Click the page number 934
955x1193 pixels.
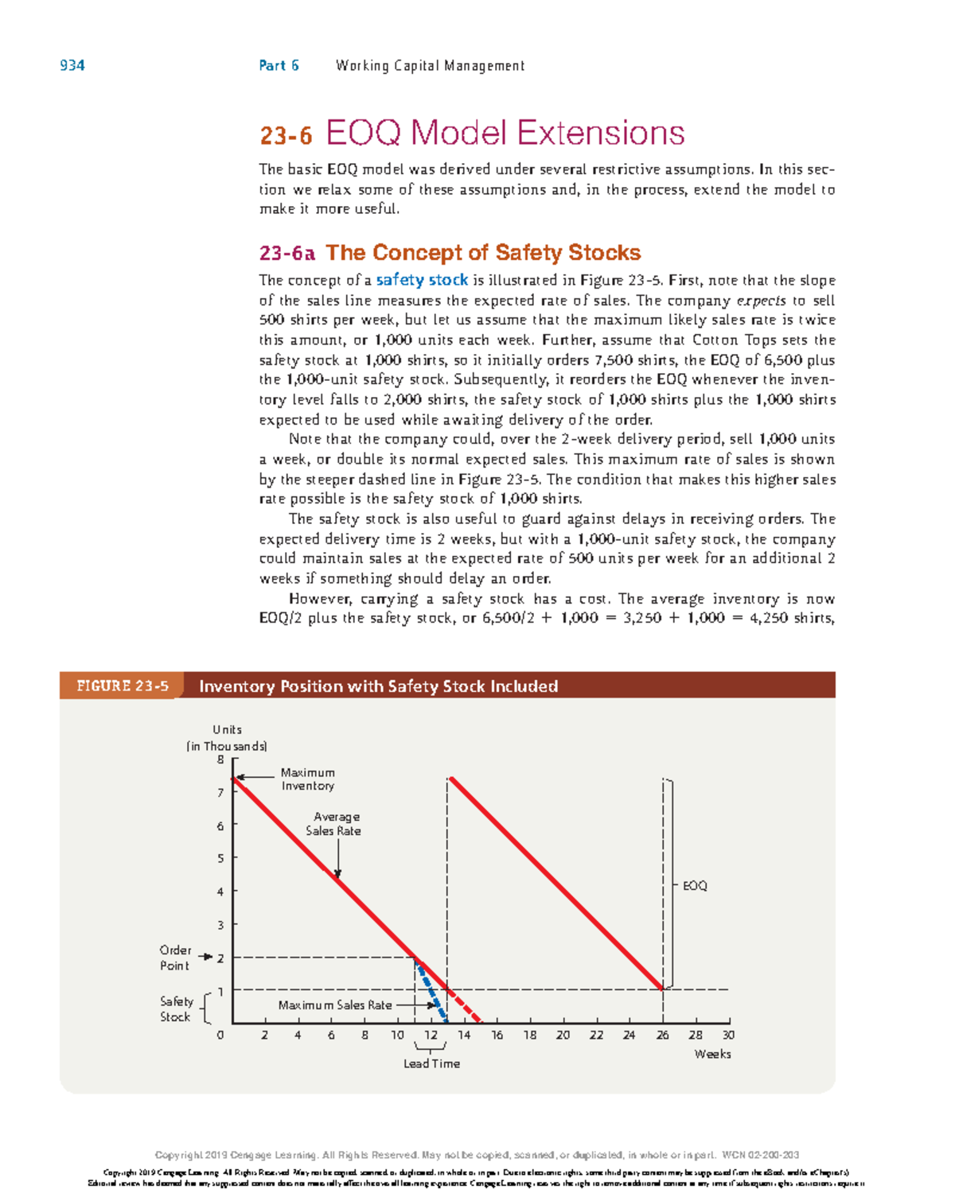72,66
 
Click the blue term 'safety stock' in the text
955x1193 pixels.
422,280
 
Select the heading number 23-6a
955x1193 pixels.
286,254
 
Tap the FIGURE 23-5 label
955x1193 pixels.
122,686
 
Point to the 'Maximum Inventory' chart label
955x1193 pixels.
308,779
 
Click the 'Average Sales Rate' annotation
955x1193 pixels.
334,824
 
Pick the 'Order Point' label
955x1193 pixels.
175,958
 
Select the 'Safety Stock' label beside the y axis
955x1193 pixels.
176,1009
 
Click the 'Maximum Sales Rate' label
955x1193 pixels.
335,1005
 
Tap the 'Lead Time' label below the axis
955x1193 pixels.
431,1064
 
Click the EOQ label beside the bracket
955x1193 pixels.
695,886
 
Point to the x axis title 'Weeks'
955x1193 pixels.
712,1055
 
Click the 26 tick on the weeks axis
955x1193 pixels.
663,1036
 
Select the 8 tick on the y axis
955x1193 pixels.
221,760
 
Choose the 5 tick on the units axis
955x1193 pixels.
221,859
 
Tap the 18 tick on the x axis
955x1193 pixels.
530,1036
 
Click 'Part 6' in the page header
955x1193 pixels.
279,66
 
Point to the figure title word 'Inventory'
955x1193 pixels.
236,686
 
